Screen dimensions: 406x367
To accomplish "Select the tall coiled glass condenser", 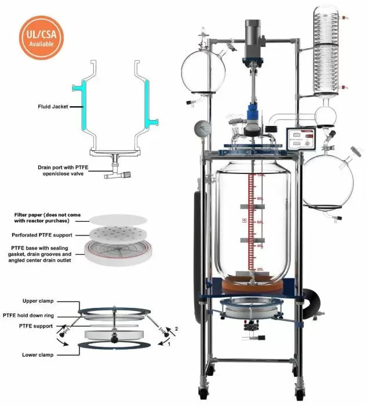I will [329, 55].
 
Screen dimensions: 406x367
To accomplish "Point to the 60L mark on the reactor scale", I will [260, 222].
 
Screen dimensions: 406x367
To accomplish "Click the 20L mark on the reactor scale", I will [260, 269].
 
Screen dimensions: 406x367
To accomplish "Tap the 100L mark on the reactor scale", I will [260, 175].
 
